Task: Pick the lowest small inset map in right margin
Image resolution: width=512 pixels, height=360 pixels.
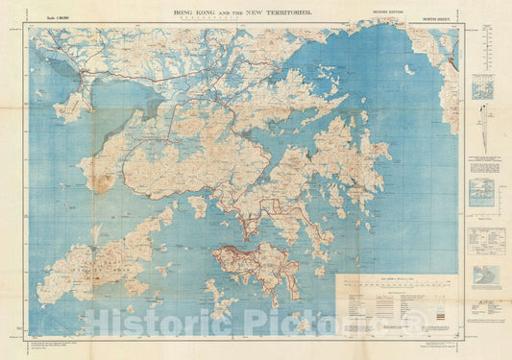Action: [x=486, y=276]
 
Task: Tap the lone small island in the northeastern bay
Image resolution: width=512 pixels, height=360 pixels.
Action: [x=409, y=69]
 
